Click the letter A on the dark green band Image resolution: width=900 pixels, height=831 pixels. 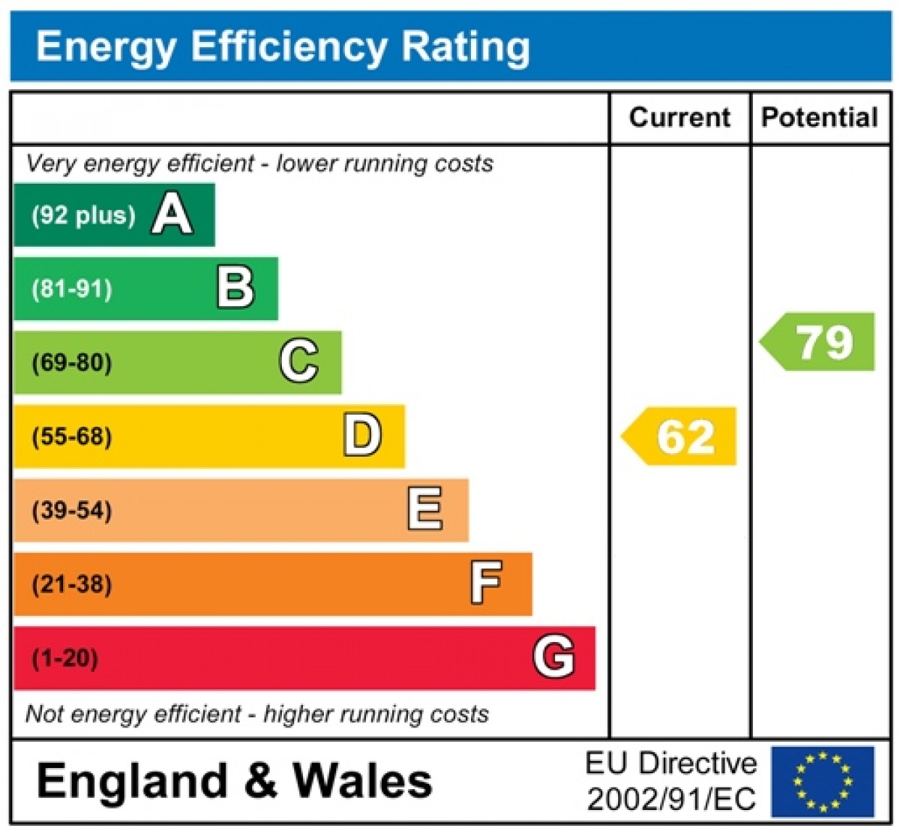pos(172,214)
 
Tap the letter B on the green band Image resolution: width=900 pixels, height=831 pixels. pos(236,288)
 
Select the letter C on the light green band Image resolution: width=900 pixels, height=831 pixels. pos(299,361)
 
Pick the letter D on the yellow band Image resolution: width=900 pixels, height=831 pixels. pos(362,436)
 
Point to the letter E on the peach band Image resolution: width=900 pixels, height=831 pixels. pos(425,509)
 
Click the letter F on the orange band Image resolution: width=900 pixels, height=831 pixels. pos(486,583)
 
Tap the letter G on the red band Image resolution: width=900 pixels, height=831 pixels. pos(554,657)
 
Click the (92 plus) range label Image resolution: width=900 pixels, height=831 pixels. pos(83,216)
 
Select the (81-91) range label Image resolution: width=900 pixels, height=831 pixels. pos(72,289)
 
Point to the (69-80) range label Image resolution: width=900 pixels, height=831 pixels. pos(72,363)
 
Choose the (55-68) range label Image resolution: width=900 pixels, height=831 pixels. pos(72,436)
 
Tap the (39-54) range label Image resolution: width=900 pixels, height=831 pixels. pos(72,511)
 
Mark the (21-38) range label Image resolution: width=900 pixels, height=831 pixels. pos(72,584)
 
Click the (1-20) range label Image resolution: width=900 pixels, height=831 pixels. pos(65,658)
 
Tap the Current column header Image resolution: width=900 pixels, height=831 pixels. pos(679,118)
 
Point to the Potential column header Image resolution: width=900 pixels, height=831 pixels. pos(820,118)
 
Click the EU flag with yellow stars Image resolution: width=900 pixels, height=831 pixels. pos(823,781)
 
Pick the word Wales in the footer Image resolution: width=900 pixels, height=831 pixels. pos(362,781)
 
